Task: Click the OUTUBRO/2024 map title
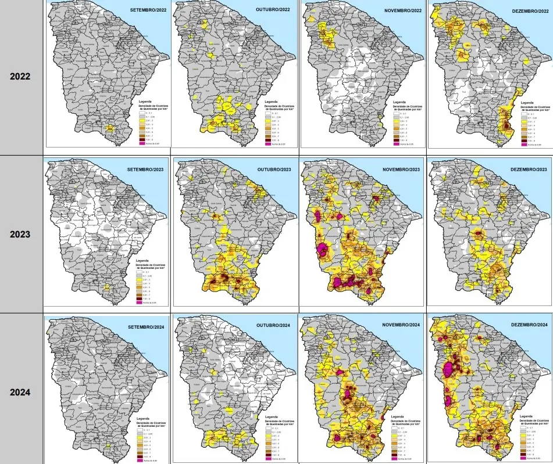(274, 327)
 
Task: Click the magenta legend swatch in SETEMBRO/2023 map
(138, 303)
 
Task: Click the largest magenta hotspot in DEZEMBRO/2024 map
(449, 370)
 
